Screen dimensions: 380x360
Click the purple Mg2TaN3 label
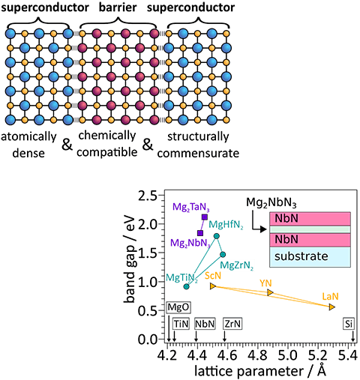[x=189, y=207]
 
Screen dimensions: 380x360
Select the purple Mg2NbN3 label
[x=187, y=244]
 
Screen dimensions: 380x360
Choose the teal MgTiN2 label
[x=181, y=279]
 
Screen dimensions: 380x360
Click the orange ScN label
[x=212, y=276]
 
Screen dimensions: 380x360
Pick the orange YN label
[x=266, y=283]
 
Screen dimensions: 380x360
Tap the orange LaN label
[x=330, y=297]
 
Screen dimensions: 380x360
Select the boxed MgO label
[x=178, y=308]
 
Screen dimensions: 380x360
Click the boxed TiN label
[x=181, y=324]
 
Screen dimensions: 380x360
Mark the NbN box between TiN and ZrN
[x=205, y=324]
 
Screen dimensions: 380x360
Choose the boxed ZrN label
[x=232, y=324]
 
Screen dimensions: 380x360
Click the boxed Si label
[x=349, y=324]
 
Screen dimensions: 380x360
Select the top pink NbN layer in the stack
[x=309, y=219]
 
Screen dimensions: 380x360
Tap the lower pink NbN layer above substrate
[x=309, y=240]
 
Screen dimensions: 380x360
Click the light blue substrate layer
[x=309, y=256]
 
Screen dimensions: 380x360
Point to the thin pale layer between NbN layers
[x=309, y=229]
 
